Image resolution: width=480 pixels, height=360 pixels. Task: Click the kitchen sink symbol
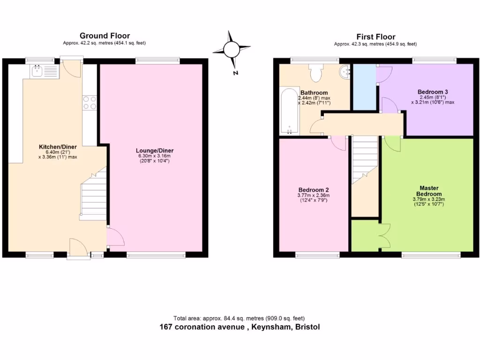44,71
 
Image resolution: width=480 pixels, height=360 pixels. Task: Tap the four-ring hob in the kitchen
90,103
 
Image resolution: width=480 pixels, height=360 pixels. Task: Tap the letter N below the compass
236,73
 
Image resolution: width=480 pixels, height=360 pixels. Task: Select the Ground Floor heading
105,36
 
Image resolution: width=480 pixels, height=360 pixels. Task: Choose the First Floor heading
375,37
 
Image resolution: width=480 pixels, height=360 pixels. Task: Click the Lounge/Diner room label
152,150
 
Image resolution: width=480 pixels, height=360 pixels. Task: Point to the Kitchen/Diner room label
58,147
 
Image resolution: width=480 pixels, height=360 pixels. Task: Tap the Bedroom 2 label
314,190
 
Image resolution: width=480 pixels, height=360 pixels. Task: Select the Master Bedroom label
430,191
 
